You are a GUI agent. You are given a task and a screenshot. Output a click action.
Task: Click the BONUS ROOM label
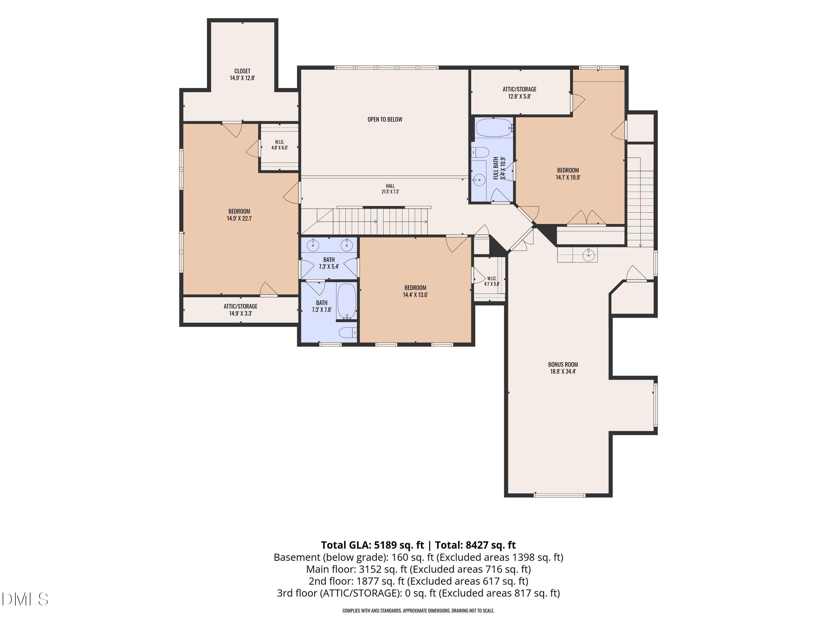pyautogui.click(x=563, y=365)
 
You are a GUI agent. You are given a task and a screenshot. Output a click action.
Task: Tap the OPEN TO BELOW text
pyautogui.click(x=385, y=119)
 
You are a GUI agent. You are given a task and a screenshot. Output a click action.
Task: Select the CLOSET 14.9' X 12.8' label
pyautogui.click(x=242, y=75)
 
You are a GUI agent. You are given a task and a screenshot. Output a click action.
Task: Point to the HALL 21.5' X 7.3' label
pyautogui.click(x=390, y=188)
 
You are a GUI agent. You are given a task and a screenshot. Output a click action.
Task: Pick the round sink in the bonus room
pyautogui.click(x=588, y=255)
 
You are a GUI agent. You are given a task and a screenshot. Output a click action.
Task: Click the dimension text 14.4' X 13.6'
pyautogui.click(x=415, y=295)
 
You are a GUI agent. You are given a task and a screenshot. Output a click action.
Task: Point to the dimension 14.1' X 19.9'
pyautogui.click(x=568, y=177)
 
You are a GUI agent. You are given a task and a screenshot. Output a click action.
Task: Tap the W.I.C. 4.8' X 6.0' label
pyautogui.click(x=280, y=145)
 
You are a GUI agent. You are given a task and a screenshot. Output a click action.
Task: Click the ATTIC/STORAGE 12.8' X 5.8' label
pyautogui.click(x=519, y=93)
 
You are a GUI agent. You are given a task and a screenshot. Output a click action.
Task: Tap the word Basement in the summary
pyautogui.click(x=296, y=557)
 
